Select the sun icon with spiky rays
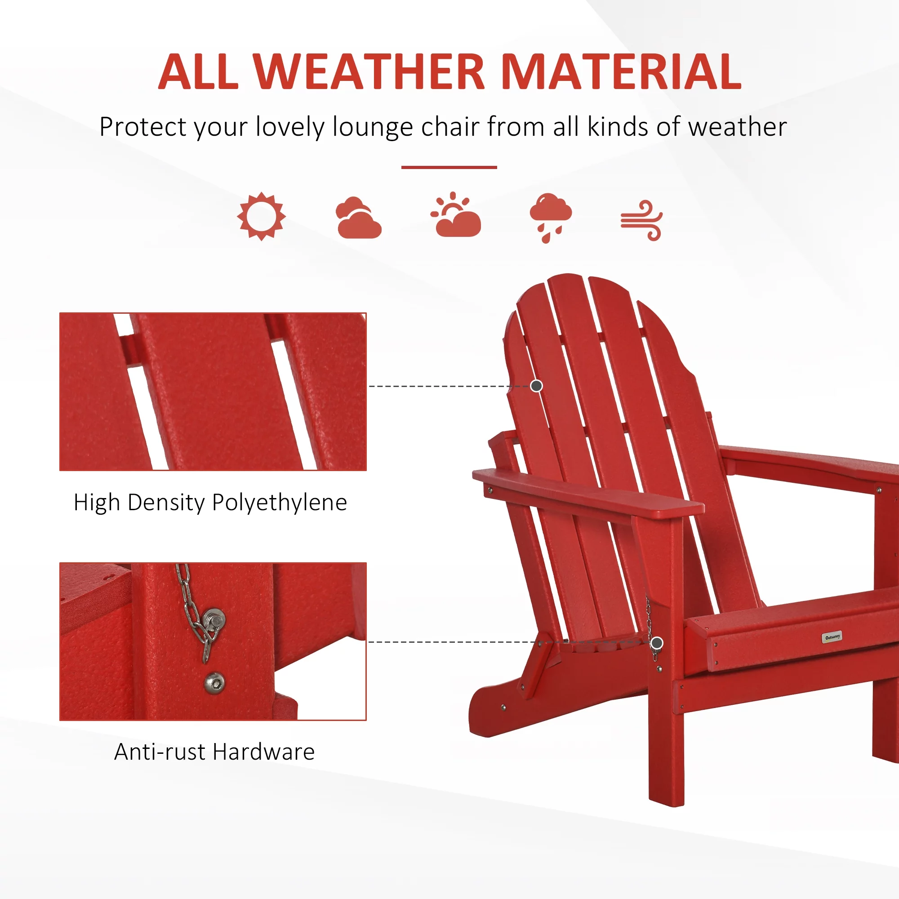(261, 216)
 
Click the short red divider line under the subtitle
(449, 167)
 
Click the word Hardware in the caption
(264, 752)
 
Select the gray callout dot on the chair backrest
(537, 386)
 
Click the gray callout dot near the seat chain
(657, 643)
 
